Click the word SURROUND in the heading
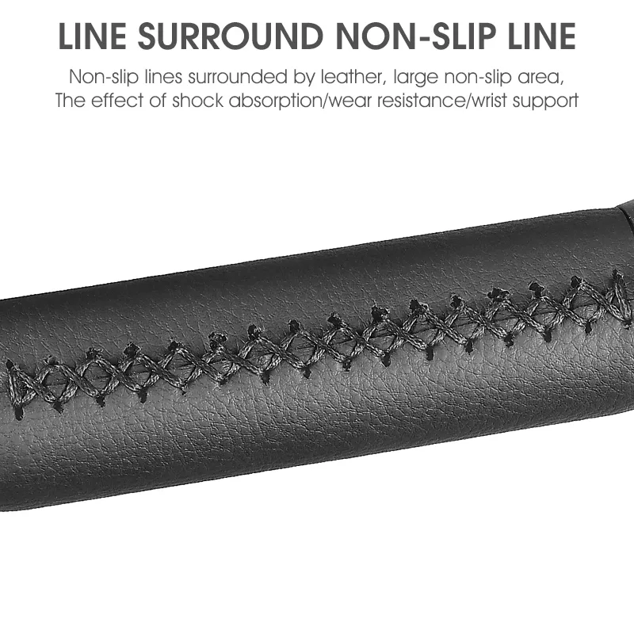(x=230, y=36)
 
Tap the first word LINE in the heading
(x=92, y=36)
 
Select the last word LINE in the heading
(x=541, y=36)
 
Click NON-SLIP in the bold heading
(x=415, y=36)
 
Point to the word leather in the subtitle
(x=350, y=77)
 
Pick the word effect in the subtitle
(x=116, y=101)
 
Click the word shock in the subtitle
(x=197, y=101)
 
